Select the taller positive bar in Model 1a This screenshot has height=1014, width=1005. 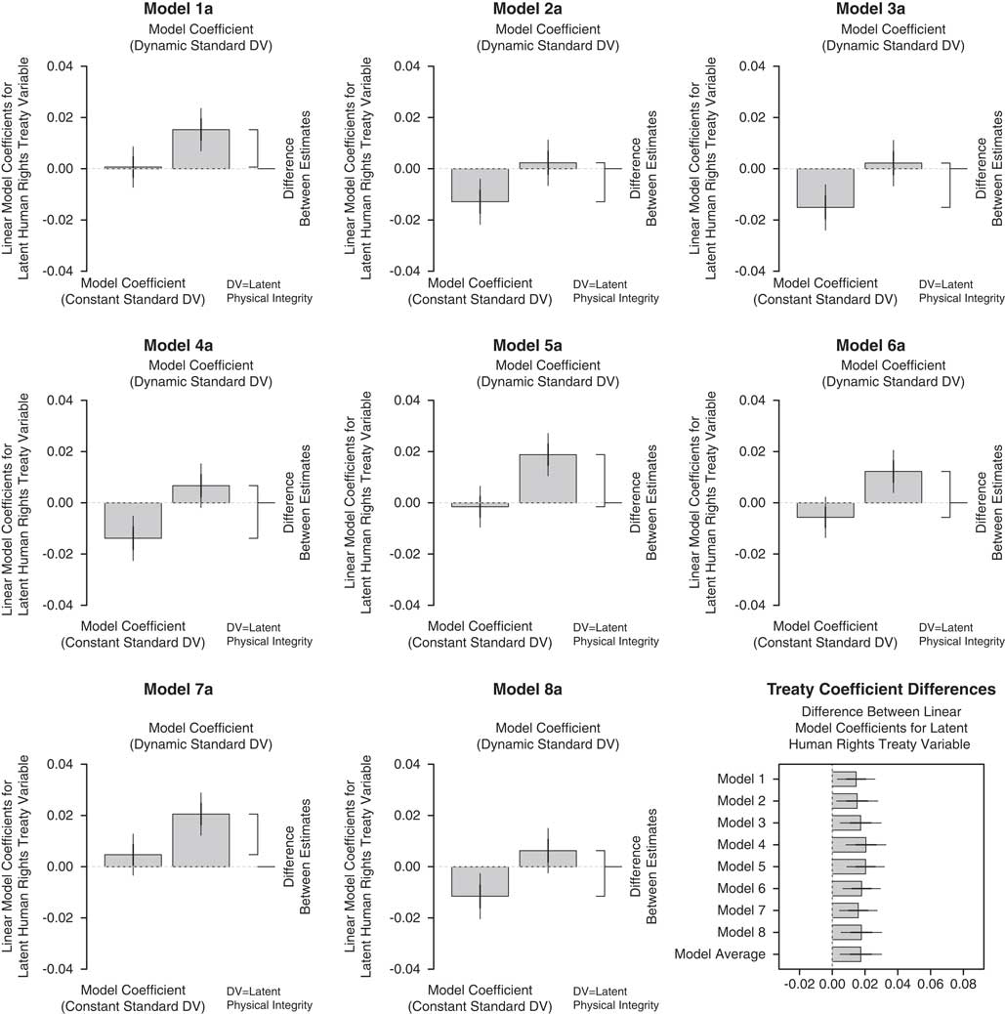pyautogui.click(x=201, y=149)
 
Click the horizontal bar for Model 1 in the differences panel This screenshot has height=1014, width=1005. pyautogui.click(x=844, y=779)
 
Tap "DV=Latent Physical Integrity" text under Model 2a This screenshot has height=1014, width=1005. pyautogui.click(x=615, y=291)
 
